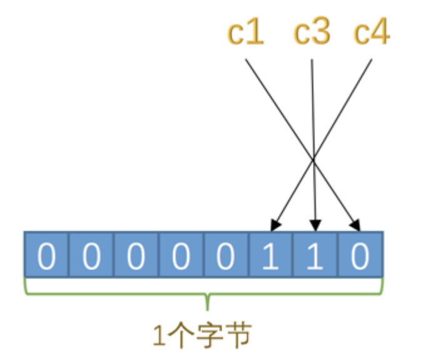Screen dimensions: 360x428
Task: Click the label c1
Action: (245, 33)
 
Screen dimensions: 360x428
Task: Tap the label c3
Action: (312, 33)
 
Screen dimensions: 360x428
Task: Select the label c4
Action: (372, 33)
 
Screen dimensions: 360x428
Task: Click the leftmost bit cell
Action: (46, 255)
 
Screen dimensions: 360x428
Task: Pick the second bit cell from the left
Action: (91, 255)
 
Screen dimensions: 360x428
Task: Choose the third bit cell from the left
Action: (136, 255)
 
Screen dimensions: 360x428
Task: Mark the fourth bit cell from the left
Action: (181, 255)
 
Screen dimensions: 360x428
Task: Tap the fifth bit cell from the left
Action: (227, 255)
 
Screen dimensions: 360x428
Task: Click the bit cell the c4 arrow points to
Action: (271, 255)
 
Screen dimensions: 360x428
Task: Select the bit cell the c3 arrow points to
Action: (316, 255)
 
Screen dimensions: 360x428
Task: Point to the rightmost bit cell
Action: (360, 255)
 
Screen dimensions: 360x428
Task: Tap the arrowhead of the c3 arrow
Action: (316, 226)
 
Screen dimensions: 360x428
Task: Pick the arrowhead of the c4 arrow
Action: (273, 226)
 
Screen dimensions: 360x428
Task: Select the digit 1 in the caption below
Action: (161, 336)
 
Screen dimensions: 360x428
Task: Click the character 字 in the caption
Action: (214, 336)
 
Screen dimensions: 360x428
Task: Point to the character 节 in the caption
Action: (240, 336)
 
